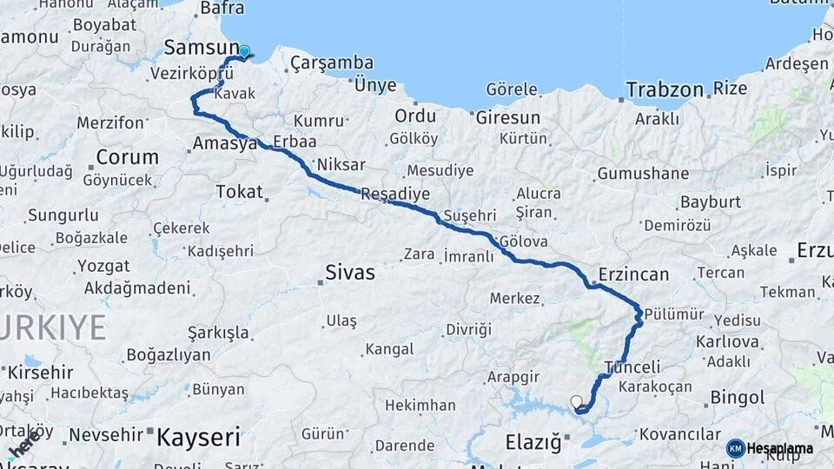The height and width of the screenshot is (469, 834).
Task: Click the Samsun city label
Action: point(201,48)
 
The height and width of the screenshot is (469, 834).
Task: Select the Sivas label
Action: point(350,273)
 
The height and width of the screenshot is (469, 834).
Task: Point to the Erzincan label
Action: point(633,274)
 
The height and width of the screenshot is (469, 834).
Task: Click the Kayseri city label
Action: point(198,437)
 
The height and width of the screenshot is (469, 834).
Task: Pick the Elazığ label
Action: point(533,442)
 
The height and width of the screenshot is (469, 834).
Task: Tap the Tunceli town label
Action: point(632,367)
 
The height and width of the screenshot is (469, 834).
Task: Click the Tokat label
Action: point(239,191)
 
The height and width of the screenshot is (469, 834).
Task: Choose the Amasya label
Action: point(225,143)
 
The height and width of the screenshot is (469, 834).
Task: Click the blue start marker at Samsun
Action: point(244,51)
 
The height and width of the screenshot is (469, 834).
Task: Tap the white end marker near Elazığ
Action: point(576,401)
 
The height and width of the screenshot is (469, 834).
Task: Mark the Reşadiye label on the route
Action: point(394,195)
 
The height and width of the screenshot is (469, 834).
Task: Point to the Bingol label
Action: point(738,398)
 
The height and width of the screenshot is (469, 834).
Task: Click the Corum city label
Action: point(127,157)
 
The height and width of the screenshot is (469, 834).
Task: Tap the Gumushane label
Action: point(643,174)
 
